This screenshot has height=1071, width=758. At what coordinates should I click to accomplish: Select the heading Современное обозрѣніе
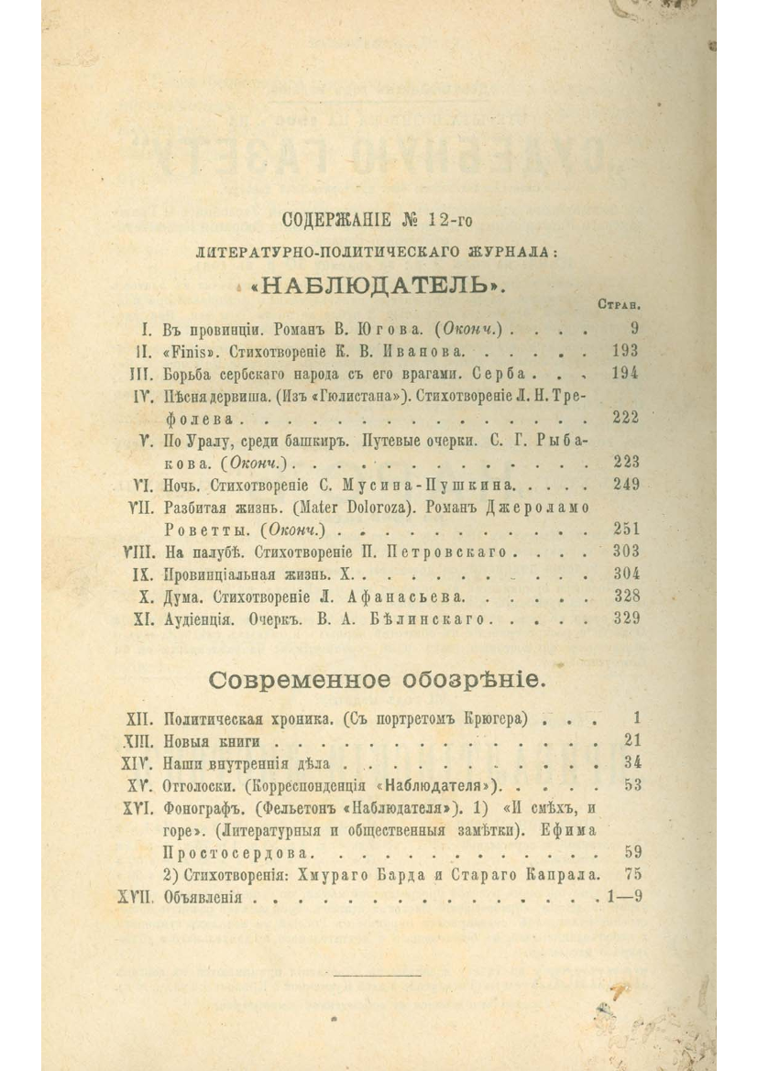(x=378, y=680)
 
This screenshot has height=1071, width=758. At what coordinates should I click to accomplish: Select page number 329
(x=626, y=618)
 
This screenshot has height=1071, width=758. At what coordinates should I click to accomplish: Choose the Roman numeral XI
(x=142, y=618)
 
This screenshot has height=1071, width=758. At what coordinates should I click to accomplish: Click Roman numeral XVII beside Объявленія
(x=135, y=898)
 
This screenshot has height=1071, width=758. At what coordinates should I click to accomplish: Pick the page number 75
(x=631, y=874)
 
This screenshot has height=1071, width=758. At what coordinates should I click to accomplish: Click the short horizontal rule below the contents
(x=378, y=975)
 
